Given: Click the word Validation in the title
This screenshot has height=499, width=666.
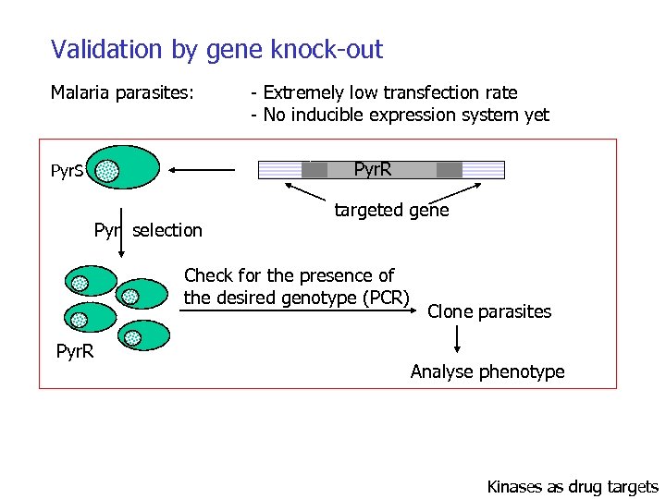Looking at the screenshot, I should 95,49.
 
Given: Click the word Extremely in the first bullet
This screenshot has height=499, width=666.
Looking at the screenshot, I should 303,92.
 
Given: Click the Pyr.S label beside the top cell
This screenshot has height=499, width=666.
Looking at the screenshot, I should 68,171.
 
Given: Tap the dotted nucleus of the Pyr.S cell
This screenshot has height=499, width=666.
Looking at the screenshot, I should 108,171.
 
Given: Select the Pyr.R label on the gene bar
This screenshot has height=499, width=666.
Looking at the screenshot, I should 373,169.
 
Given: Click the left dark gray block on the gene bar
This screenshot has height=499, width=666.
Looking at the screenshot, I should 314,169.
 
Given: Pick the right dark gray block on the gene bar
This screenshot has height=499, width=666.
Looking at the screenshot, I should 449,169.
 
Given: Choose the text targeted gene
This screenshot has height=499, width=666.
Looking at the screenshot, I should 391,211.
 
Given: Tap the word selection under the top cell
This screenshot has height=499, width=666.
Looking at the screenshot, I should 167,230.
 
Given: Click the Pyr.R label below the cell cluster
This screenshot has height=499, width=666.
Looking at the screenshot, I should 75,352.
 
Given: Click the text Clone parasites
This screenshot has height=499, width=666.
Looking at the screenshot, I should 489,311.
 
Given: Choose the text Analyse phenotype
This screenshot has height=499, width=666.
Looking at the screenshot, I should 487,371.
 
